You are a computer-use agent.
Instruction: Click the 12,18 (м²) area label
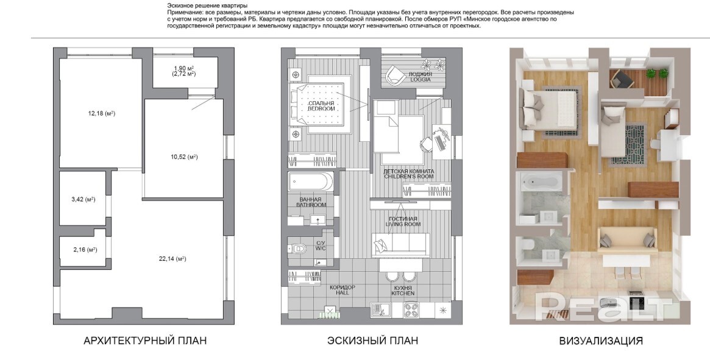click(101, 114)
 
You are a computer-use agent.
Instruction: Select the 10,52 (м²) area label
click(184, 157)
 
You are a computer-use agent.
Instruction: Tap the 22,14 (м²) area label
click(172, 259)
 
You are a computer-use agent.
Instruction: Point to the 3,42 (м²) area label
click(83, 199)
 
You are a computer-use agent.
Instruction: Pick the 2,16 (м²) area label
click(85, 250)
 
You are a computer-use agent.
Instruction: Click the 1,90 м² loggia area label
click(183, 68)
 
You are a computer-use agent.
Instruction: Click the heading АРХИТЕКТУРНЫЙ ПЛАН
click(145, 341)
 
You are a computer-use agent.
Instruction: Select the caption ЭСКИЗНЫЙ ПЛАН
click(372, 341)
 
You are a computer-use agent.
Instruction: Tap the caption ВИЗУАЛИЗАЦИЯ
click(601, 341)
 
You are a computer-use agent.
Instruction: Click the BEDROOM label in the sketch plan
click(321, 109)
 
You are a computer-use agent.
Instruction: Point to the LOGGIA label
click(420, 80)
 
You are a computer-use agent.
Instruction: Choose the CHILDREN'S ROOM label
click(408, 177)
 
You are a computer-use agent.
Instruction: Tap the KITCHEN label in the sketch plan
click(403, 294)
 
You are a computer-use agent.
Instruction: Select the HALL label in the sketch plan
click(343, 293)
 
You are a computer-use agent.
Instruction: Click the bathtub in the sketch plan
click(311, 182)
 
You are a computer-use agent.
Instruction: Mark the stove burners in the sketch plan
click(411, 310)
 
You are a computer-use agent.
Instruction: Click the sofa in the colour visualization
click(627, 239)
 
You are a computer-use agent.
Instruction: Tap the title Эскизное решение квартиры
click(207, 6)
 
